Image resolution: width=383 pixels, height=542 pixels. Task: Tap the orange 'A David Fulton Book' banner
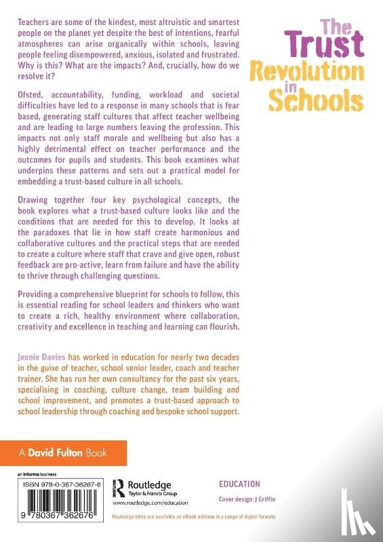[63, 451]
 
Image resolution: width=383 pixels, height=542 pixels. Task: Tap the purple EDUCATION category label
[239, 484]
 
